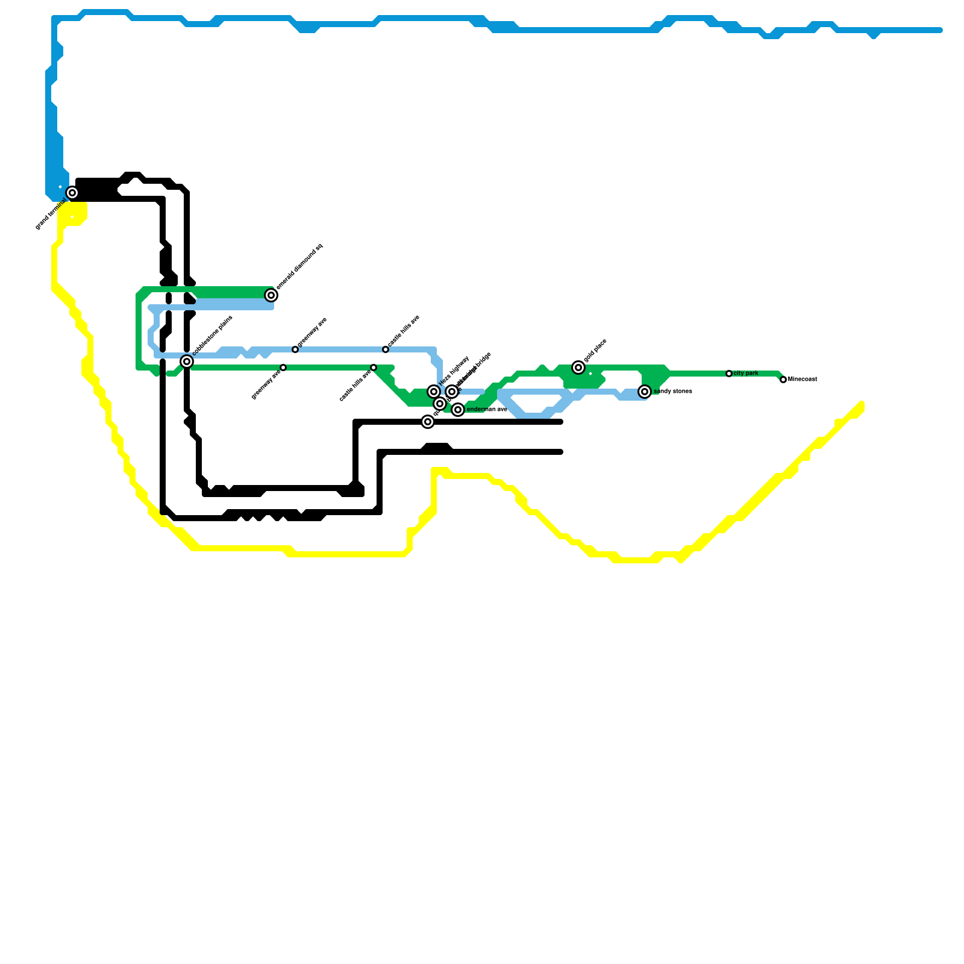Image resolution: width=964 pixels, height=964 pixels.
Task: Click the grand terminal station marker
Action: (72, 193)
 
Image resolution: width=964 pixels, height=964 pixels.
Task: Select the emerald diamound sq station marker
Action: (271, 295)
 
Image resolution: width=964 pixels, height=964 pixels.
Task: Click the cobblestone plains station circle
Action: (187, 361)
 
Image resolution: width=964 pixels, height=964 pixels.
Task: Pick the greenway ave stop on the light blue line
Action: (295, 349)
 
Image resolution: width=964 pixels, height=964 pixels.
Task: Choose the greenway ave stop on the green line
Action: (283, 368)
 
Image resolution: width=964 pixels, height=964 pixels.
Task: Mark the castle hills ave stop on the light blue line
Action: (386, 349)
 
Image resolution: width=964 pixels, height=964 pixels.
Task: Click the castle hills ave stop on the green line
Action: (374, 368)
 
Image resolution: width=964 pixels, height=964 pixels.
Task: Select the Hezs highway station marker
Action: (434, 392)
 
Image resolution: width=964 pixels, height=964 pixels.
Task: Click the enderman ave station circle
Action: (458, 410)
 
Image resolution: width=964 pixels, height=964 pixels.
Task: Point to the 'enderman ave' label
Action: (487, 410)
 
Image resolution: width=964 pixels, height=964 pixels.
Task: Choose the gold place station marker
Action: (578, 368)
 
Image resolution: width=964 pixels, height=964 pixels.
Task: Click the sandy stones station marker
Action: (645, 392)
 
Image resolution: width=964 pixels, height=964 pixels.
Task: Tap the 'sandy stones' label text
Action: (673, 392)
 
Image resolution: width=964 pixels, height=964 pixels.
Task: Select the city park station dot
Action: (729, 374)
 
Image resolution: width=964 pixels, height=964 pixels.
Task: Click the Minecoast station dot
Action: (783, 380)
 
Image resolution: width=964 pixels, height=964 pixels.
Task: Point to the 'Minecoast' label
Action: (803, 380)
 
